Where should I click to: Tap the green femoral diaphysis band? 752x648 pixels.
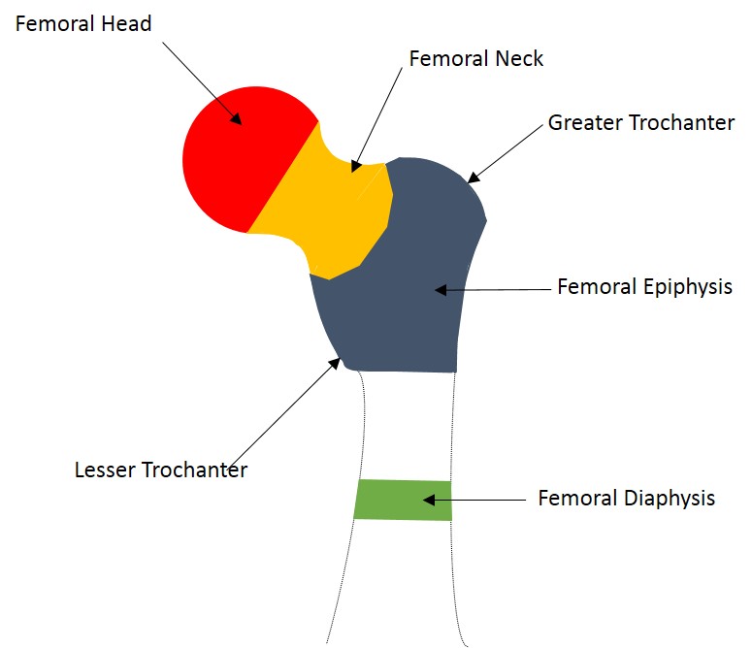click(403, 500)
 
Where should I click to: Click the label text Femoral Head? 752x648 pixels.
click(83, 23)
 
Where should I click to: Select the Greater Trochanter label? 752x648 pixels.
click(641, 123)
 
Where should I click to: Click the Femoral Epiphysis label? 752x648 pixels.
click(644, 287)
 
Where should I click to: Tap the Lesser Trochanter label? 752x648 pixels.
click(161, 470)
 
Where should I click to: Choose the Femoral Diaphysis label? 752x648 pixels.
click(627, 499)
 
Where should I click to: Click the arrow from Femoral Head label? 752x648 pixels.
click(200, 83)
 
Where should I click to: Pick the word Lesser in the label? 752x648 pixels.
click(105, 470)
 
